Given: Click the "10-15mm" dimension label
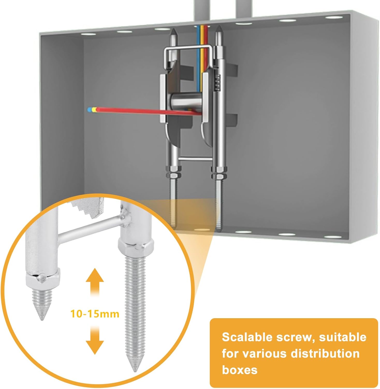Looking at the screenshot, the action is (95, 314).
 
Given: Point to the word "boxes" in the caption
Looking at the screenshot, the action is (240, 370).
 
